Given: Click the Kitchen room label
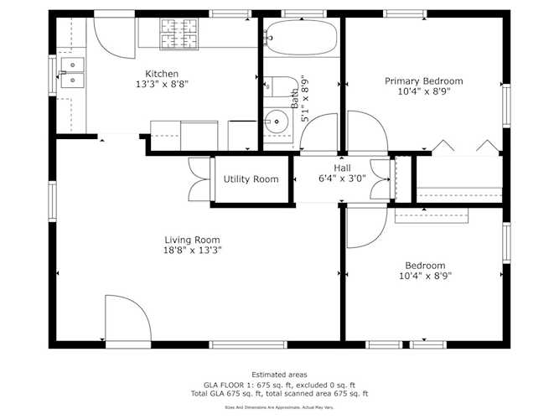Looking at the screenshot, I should tap(162, 74).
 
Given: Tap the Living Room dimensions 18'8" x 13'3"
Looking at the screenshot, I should tap(192, 250).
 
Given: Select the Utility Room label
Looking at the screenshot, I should tap(251, 179).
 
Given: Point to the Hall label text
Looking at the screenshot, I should tap(342, 168).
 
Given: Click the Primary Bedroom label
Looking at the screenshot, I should tap(423, 81).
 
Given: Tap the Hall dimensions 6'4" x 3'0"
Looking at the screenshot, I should tap(342, 178).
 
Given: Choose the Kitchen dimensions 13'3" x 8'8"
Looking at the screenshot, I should tap(162, 85).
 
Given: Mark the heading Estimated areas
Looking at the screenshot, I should tap(279, 375).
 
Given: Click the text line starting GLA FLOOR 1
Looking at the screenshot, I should tap(279, 384).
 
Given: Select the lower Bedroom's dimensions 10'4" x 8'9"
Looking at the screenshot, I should tap(426, 276).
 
